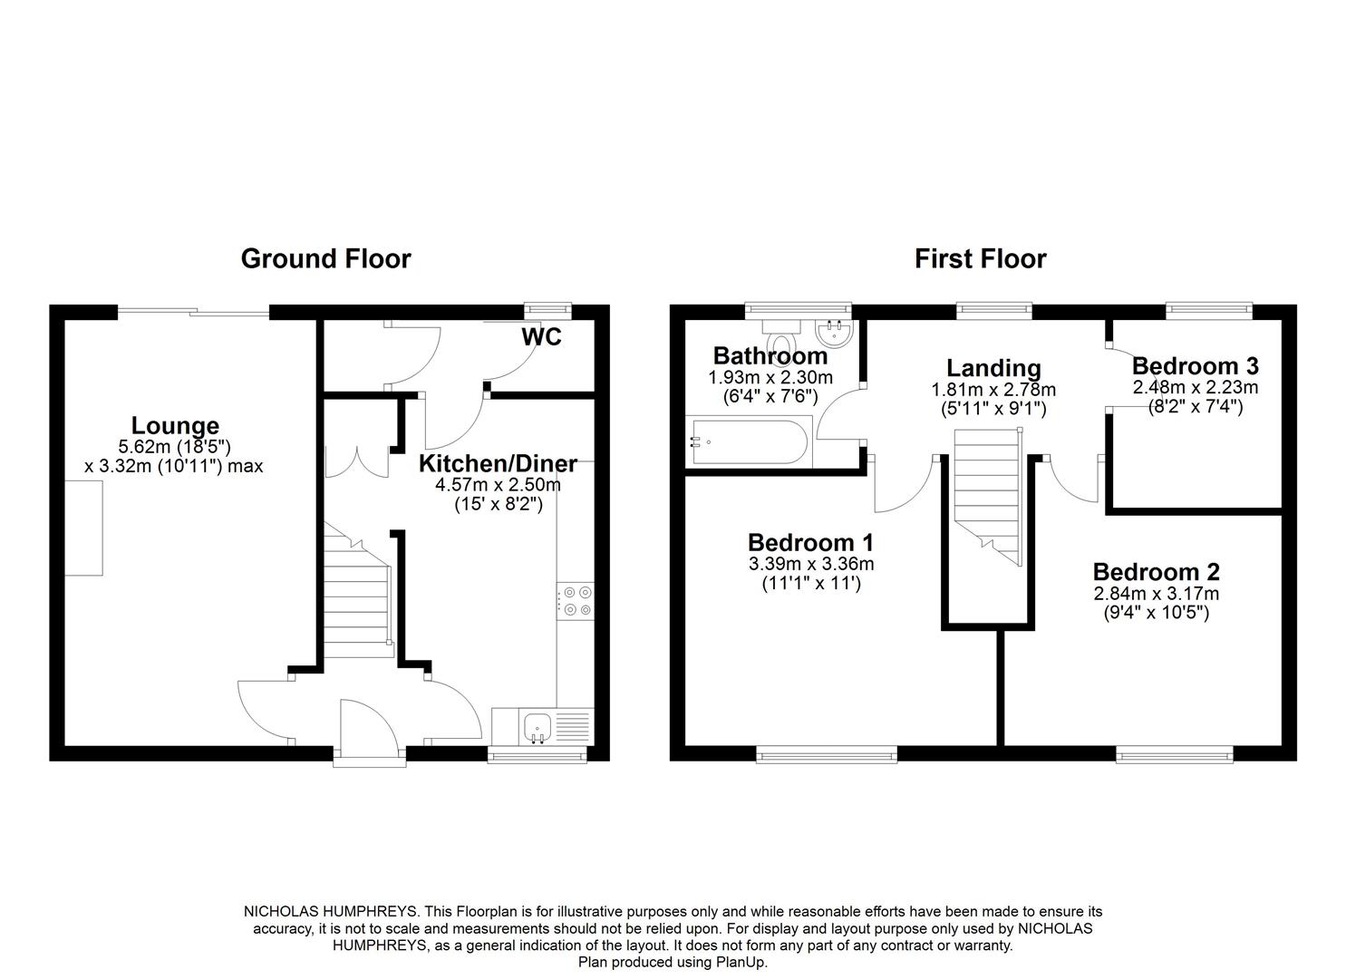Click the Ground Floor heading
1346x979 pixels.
coord(325,259)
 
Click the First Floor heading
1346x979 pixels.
coord(980,259)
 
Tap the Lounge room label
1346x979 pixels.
coord(175,425)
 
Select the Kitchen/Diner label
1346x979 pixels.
coord(498,463)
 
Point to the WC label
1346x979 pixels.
coord(541,337)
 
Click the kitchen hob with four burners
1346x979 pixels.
coord(575,601)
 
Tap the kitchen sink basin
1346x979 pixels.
coord(537,727)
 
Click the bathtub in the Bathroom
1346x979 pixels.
coord(749,442)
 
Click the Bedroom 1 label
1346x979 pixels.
coord(810,543)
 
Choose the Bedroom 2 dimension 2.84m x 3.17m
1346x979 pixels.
coord(1157,594)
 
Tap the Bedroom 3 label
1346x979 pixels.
coord(1196,366)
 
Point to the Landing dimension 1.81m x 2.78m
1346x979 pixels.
coord(993,390)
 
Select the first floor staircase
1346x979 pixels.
coord(988,497)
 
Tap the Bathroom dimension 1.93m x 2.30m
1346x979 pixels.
coord(770,378)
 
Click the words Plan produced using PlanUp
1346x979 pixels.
coord(673,962)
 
